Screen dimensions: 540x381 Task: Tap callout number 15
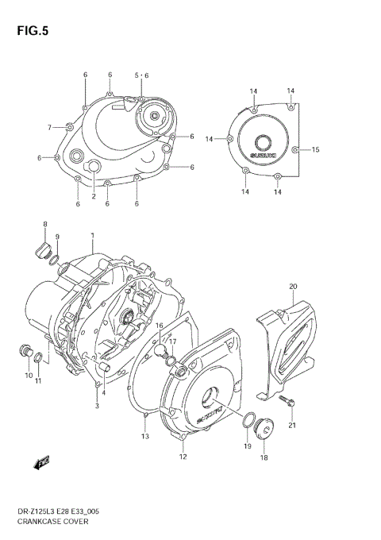pyautogui.click(x=315, y=149)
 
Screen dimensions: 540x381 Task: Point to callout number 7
pyautogui.click(x=49, y=127)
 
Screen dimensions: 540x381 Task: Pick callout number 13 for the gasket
pyautogui.click(x=145, y=437)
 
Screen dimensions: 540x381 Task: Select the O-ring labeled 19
pyautogui.click(x=248, y=421)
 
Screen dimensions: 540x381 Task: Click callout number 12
pyautogui.click(x=183, y=457)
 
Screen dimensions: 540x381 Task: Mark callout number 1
pyautogui.click(x=92, y=236)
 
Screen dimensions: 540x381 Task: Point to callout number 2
pyautogui.click(x=93, y=195)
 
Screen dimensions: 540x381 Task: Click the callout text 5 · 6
pyautogui.click(x=141, y=75)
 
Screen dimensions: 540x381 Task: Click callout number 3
pyautogui.click(x=97, y=407)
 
